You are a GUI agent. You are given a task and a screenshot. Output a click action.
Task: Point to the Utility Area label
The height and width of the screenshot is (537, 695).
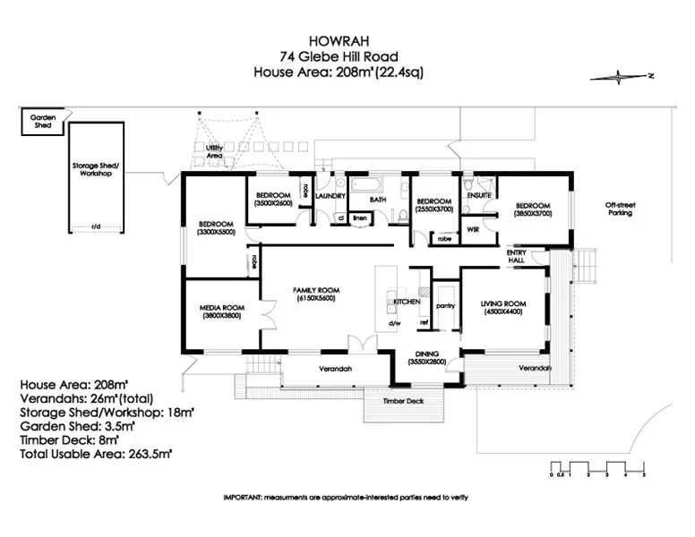[214, 151]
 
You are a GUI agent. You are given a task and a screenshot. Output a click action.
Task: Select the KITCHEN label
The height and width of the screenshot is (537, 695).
[407, 303]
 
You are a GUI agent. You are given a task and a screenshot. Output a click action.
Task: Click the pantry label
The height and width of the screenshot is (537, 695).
[446, 306]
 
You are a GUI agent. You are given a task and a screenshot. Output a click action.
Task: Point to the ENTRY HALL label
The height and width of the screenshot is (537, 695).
[517, 257]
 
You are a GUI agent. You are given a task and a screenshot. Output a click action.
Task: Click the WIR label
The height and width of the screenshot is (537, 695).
[474, 229]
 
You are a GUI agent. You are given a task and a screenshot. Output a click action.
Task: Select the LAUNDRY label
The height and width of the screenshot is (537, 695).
[330, 195]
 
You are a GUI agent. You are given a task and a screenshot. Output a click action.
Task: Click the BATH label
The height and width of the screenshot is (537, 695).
[378, 200]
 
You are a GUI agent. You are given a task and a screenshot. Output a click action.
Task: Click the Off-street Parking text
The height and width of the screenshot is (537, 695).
[619, 209]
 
